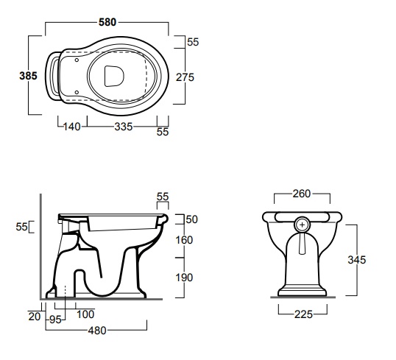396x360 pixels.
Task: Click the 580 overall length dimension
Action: pos(107,22)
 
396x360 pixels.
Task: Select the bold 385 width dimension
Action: pos(28,76)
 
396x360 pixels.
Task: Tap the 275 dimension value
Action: pos(185,77)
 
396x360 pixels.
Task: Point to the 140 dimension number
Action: pos(71,127)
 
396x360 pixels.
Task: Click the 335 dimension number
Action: pos(124,127)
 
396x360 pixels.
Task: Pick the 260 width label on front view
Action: pos(302,194)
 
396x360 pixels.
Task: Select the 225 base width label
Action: pos(303,314)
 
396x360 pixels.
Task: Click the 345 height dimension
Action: pos(357,260)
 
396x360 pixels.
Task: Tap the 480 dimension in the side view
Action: pos(97,331)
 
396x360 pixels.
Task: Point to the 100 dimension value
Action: pos(85,314)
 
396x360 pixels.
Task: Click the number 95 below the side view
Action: pos(55,320)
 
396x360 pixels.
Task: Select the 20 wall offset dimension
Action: pos(35,317)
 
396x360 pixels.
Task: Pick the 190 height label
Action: pos(184,278)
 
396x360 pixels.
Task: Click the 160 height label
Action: pos(184,240)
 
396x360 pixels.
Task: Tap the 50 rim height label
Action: pos(192,219)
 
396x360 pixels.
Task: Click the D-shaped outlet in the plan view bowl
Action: pos(114,76)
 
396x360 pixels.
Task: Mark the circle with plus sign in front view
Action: pos(303,225)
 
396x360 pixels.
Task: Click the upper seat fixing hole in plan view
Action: pos(77,60)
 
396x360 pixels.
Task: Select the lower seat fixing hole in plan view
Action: pos(77,93)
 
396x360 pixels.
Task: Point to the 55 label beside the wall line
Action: pos(22,227)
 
